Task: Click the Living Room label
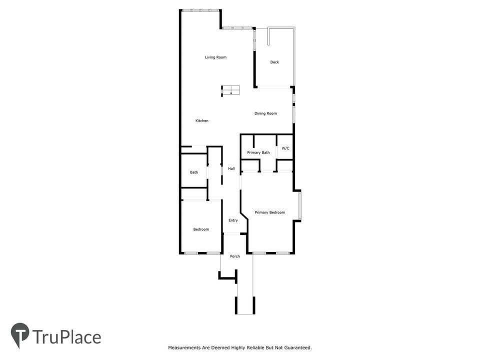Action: [215, 57]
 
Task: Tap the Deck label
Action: [274, 62]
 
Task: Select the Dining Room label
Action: [265, 113]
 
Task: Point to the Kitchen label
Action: [202, 121]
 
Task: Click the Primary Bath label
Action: [258, 152]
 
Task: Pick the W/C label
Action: [285, 148]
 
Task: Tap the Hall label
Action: [231, 168]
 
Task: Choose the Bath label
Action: [194, 172]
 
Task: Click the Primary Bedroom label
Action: [270, 212]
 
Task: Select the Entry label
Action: [233, 220]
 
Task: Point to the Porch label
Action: [235, 256]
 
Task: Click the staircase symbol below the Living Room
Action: [230, 90]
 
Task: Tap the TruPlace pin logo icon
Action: [20, 335]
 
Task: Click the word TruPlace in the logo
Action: [66, 337]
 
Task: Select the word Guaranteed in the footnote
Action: [298, 348]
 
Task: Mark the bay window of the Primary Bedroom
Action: [300, 205]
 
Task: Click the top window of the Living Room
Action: [200, 10]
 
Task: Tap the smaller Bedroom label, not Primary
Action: [201, 229]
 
